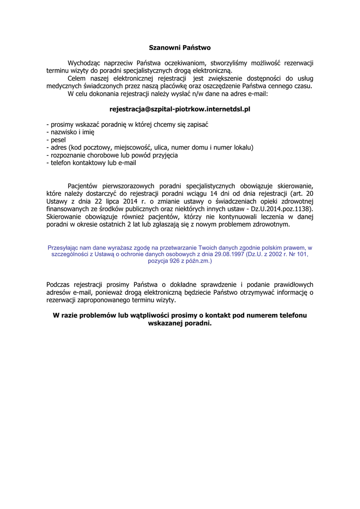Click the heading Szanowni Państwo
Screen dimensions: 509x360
pos(180,48)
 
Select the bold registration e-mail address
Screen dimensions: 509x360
pos(180,108)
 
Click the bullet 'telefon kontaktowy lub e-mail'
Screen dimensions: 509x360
pos(90,163)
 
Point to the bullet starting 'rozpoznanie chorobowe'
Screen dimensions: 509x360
pos(111,155)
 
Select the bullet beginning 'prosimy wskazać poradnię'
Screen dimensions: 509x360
pos(127,124)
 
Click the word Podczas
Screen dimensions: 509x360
pos(58,284)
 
